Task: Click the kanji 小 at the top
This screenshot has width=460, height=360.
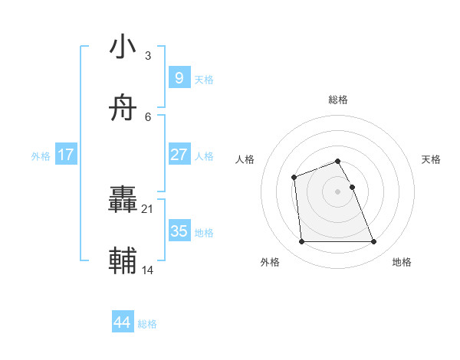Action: coord(123,47)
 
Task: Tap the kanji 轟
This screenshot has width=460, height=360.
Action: coord(123,201)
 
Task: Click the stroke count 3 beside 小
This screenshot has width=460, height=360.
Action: coord(148,56)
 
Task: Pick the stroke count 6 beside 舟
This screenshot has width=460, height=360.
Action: coord(148,117)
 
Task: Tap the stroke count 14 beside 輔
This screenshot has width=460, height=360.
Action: coord(148,270)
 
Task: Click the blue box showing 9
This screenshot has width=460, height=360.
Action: coord(179,77)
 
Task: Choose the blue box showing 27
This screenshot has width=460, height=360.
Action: coord(179,154)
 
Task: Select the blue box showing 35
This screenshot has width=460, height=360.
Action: coord(179,231)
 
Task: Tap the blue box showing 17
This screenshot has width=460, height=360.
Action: coord(66,154)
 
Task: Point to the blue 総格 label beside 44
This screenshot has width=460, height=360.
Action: coord(147,324)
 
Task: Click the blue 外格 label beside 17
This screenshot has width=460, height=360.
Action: coord(41,155)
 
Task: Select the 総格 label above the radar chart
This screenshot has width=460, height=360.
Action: coord(338,100)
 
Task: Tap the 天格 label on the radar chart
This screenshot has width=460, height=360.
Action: coord(431,159)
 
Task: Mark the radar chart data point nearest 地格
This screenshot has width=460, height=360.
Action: coord(374,242)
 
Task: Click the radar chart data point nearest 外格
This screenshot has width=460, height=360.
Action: coord(301,242)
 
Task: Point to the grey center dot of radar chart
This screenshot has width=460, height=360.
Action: coord(338,191)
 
